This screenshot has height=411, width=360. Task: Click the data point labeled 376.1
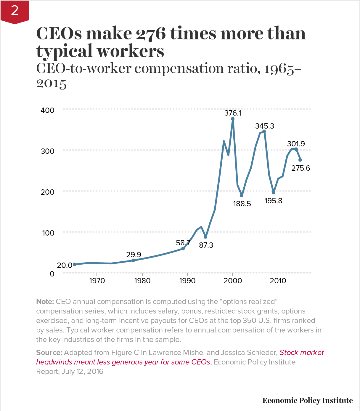pyautogui.click(x=233, y=119)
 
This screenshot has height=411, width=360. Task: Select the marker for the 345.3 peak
pyautogui.click(x=264, y=131)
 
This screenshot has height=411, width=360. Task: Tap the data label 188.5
pyautogui.click(x=242, y=204)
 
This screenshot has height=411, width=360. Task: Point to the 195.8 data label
pyautogui.click(x=273, y=201)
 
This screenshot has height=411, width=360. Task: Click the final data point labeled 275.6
pyautogui.click(x=300, y=160)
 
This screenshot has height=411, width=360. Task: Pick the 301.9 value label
pyautogui.click(x=296, y=144)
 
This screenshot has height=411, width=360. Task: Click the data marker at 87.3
pyautogui.click(x=205, y=237)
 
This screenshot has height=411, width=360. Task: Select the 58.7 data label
pyautogui.click(x=183, y=243)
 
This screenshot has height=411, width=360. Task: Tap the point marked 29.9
pyautogui.click(x=133, y=260)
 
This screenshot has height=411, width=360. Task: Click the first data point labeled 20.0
pyautogui.click(x=75, y=264)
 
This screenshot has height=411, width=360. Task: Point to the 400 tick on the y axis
pyautogui.click(x=47, y=110)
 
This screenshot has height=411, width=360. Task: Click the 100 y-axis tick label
pyautogui.click(x=48, y=233)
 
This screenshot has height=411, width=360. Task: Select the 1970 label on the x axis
pyautogui.click(x=97, y=281)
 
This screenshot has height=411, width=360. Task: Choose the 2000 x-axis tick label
pyautogui.click(x=233, y=281)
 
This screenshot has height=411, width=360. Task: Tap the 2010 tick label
pyautogui.click(x=278, y=281)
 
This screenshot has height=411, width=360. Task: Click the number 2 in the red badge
pyautogui.click(x=15, y=11)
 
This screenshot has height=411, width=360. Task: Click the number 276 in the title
pyautogui.click(x=151, y=33)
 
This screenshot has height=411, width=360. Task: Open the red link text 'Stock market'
pyautogui.click(x=301, y=352)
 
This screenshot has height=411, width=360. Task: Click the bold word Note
pyautogui.click(x=45, y=302)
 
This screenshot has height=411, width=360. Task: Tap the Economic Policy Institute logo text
pyautogui.click(x=307, y=400)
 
